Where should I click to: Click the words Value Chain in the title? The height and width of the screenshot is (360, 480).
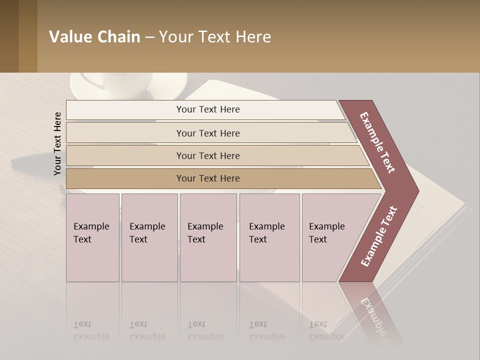(x=94, y=37)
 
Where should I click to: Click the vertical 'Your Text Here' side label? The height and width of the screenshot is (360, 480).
(x=57, y=143)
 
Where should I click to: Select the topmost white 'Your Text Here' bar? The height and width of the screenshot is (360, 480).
(x=207, y=109)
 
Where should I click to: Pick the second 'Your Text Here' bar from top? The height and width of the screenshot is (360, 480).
(x=208, y=133)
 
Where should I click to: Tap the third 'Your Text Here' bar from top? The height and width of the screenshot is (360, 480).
(x=208, y=155)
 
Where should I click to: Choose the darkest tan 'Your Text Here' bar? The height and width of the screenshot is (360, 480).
(x=208, y=178)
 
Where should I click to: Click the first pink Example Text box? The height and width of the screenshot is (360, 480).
(x=92, y=237)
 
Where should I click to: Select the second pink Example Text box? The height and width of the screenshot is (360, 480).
(x=149, y=237)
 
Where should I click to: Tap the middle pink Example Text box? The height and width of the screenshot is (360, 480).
(x=208, y=237)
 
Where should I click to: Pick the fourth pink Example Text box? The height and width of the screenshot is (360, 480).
(x=269, y=237)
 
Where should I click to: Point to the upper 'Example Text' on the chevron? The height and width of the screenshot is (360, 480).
(x=377, y=142)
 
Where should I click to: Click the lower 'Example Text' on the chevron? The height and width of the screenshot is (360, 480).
(x=379, y=236)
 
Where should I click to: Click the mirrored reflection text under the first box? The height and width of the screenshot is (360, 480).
(x=91, y=330)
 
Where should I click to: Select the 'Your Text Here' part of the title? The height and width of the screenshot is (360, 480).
(x=215, y=37)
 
